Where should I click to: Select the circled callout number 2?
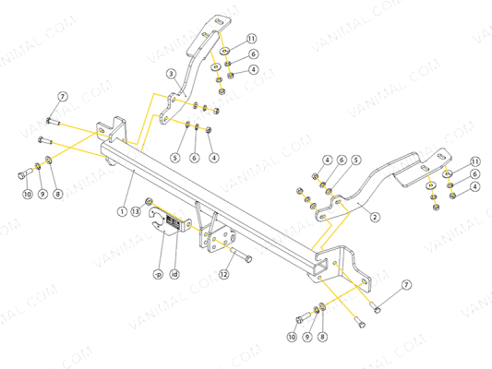point(375,218)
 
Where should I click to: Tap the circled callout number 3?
point(171,74)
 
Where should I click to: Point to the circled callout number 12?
point(223,273)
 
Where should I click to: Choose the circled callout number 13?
point(136,211)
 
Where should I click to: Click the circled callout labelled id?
point(174,273)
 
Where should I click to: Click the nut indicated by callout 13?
point(149,203)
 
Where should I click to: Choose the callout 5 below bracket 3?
point(174,158)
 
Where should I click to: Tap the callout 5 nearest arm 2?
point(355,160)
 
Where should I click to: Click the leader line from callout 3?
point(178,83)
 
